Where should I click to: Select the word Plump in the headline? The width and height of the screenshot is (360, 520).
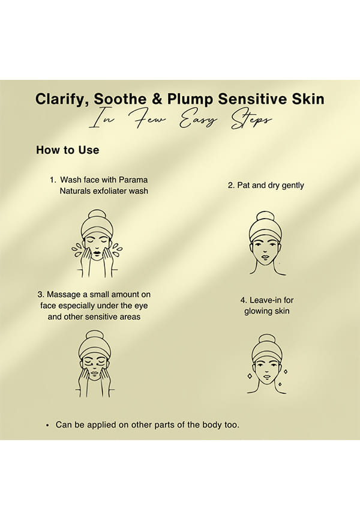tap(190, 100)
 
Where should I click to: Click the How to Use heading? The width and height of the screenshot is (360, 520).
tap(68, 150)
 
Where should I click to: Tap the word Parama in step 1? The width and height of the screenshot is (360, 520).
tap(133, 180)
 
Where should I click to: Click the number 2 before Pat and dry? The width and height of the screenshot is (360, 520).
tap(230, 186)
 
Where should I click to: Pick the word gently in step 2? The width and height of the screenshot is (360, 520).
tap(293, 186)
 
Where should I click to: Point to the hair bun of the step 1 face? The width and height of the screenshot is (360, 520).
tap(97, 214)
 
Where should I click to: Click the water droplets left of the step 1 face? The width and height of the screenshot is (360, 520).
tap(77, 249)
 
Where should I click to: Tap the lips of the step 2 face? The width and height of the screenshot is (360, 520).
tap(266, 256)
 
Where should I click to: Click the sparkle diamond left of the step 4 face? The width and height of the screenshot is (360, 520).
tap(250, 376)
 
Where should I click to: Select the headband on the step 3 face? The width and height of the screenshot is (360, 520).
tap(95, 350)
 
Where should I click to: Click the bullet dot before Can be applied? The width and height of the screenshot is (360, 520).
tap(48, 425)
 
